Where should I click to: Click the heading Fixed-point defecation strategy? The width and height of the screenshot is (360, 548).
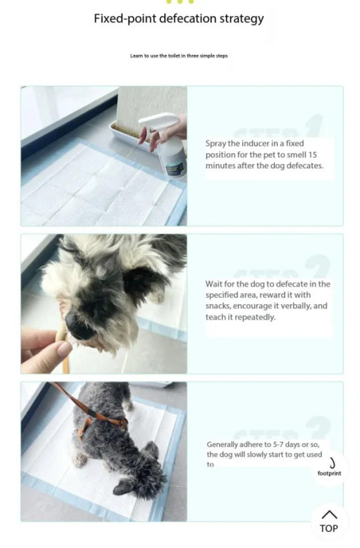(179, 19)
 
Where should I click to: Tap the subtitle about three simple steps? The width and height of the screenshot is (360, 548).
(179, 55)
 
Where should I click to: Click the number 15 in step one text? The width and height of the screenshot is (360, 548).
(313, 154)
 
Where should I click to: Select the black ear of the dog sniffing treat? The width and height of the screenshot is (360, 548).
(142, 279)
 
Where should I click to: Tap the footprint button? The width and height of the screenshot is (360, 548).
(329, 468)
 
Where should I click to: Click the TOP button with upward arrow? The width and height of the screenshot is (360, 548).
(329, 521)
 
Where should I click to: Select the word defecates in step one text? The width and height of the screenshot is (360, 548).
(305, 166)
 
